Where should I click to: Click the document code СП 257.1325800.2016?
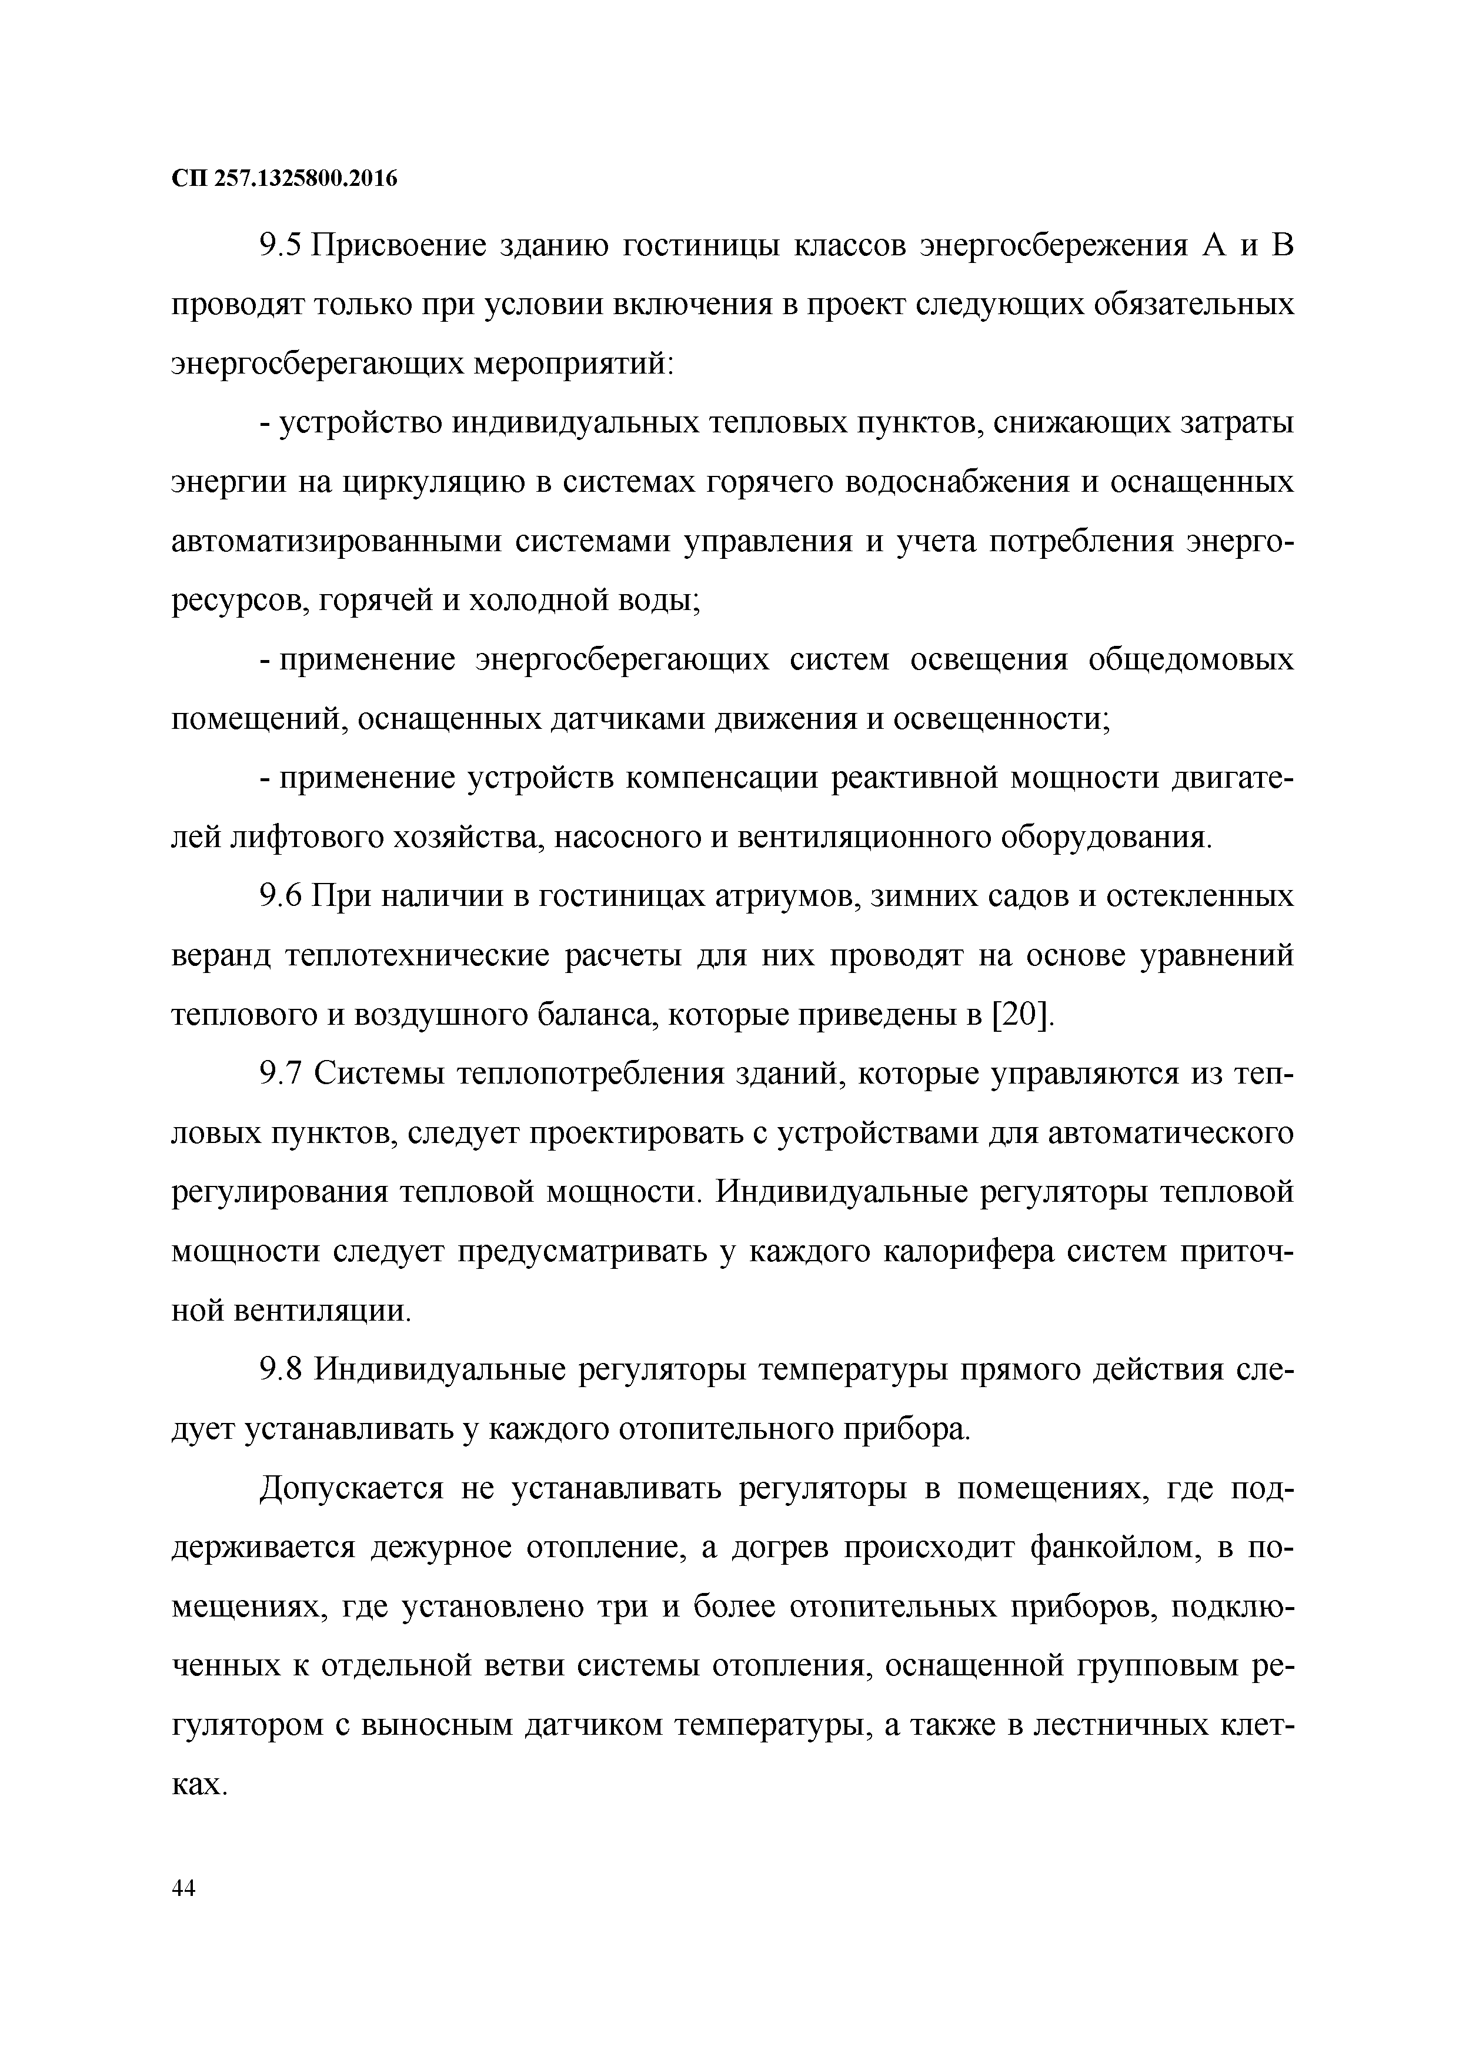[284, 179]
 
